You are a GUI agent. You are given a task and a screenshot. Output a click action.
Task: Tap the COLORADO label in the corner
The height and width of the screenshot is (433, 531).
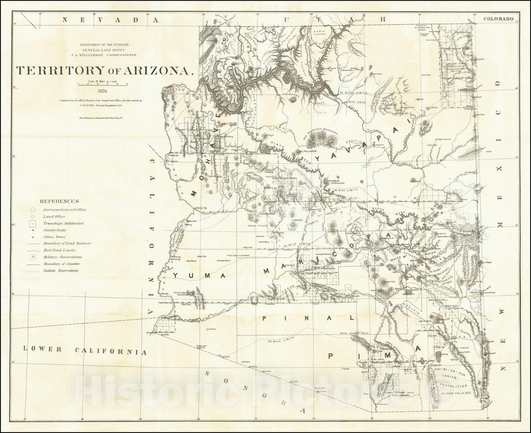coord(499,19)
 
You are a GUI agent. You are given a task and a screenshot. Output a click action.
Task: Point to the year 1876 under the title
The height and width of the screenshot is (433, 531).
coord(103,90)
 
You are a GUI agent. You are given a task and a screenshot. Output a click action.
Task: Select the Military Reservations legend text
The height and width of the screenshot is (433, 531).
coord(62,257)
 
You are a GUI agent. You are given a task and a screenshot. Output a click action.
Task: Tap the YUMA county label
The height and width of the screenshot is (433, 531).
coord(198,275)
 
